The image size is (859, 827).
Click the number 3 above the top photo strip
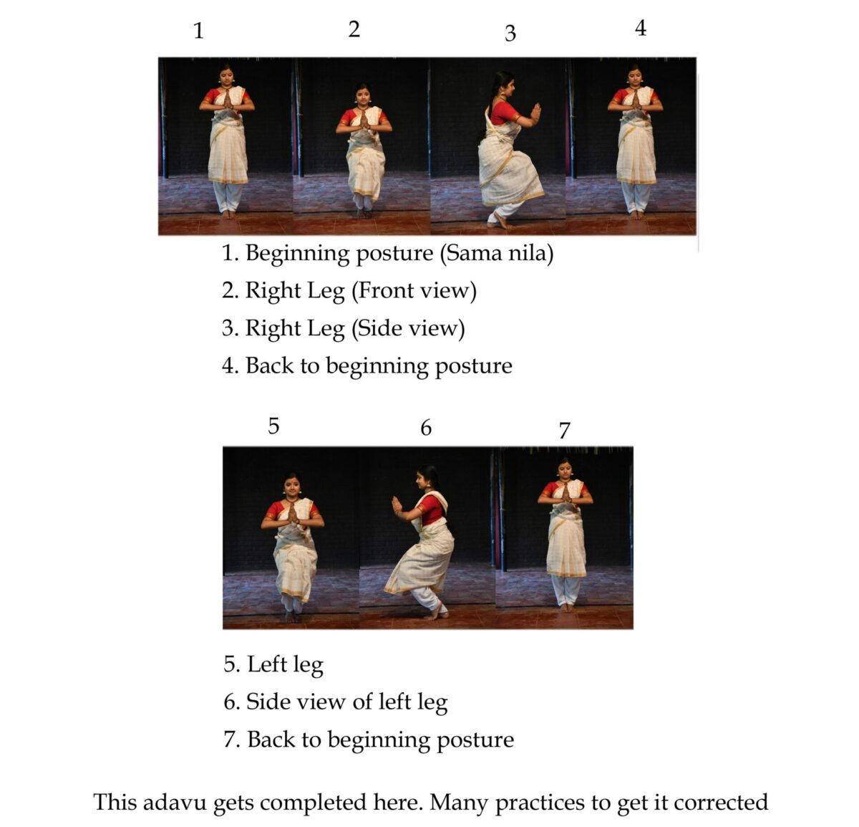(x=510, y=33)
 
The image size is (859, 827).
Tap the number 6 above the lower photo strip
(x=426, y=428)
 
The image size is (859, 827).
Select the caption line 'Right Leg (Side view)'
(x=343, y=328)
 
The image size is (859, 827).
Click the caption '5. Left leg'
(x=273, y=664)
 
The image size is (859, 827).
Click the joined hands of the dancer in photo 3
(x=535, y=113)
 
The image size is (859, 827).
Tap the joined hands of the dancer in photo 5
(x=292, y=512)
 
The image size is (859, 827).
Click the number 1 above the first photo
(x=198, y=32)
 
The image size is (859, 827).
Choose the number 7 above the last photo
(x=564, y=431)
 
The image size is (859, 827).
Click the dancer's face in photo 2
(x=363, y=95)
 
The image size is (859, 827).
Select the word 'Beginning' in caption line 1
(x=299, y=253)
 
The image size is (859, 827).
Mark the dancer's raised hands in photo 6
(x=397, y=506)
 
